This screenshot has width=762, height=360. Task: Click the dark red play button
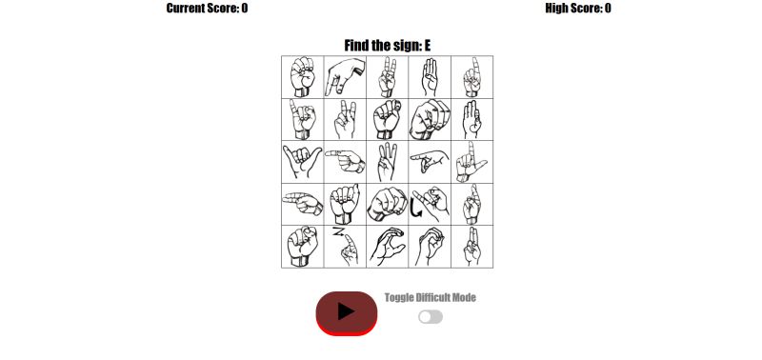coord(347,312)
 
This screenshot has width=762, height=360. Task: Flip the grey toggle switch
coord(431,316)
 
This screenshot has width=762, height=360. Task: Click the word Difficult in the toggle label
coord(431,298)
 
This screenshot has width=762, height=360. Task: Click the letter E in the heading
coord(428,45)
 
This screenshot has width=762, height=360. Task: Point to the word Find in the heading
coord(358,45)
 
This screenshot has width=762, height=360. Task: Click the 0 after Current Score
coord(245,9)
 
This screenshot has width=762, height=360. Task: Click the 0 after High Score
coord(608,9)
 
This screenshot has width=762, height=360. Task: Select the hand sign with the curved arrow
coord(431,204)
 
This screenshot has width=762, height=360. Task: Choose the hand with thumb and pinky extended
coord(302,162)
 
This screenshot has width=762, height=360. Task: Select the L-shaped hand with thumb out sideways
coord(471,162)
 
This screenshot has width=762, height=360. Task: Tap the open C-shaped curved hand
coord(388,247)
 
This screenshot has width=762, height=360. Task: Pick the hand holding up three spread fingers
coord(388,162)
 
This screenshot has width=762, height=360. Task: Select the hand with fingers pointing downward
coord(345,76)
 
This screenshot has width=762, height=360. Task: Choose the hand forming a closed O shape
coord(431,247)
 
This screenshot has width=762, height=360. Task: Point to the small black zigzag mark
coord(336,231)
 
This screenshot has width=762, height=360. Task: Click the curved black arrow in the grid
coord(416,207)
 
